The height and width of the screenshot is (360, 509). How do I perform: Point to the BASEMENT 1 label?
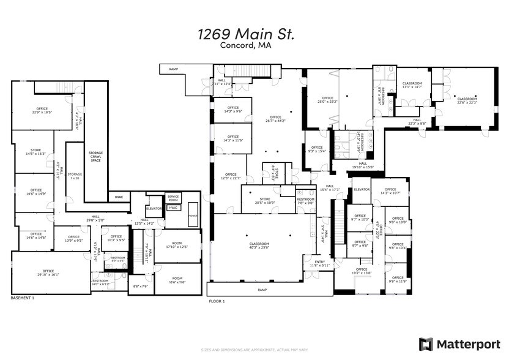[x=23, y=298]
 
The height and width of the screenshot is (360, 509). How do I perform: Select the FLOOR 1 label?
[x=217, y=301]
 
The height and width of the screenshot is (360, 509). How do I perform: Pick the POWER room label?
[x=193, y=216]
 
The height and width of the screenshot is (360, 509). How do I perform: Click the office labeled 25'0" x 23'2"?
[x=328, y=100]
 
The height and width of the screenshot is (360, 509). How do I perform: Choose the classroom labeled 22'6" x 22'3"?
[x=467, y=100]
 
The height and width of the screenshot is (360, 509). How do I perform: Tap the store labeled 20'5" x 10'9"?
[x=265, y=200]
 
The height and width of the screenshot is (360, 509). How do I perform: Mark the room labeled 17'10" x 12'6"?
[x=177, y=246]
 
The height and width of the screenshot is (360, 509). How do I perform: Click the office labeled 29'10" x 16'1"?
[x=48, y=272]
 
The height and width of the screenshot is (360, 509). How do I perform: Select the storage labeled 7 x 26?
[x=75, y=176]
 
